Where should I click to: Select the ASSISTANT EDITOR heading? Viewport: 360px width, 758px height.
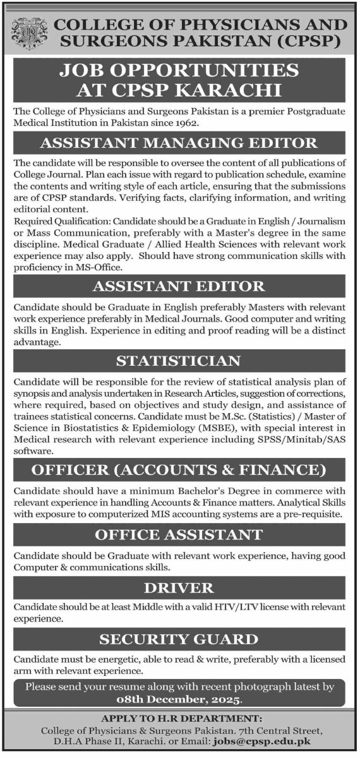tap(179, 286)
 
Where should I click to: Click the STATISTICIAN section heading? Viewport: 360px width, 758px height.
tap(179, 361)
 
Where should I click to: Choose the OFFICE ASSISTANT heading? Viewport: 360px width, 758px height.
tap(179, 535)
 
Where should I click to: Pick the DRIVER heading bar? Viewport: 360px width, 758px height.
tap(179, 588)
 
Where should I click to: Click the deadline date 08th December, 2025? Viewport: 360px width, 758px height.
tap(179, 701)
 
